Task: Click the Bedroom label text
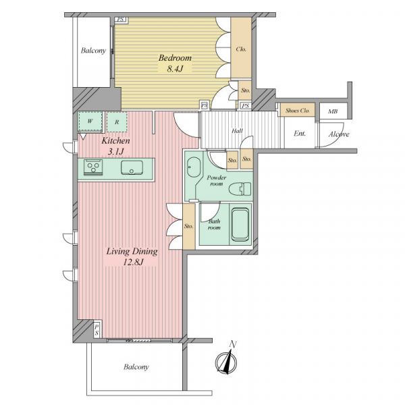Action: click(175, 58)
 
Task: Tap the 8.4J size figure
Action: click(175, 69)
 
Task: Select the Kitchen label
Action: click(115, 141)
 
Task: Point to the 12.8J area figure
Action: click(132, 263)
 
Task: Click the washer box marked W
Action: click(90, 122)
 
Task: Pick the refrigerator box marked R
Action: click(117, 122)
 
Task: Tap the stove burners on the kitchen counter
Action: click(93, 167)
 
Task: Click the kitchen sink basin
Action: click(132, 167)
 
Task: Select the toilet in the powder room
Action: click(240, 189)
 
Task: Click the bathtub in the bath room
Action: click(240, 225)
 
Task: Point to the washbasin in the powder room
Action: click(194, 167)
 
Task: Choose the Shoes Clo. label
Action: click(297, 111)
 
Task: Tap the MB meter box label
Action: click(333, 111)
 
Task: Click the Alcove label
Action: click(339, 134)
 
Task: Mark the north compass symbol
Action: click(227, 360)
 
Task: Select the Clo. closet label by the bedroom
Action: click(241, 49)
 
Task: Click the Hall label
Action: click(237, 131)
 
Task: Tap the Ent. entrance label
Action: click(300, 134)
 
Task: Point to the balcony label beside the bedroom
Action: click(93, 51)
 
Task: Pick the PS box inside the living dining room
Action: click(97, 330)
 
